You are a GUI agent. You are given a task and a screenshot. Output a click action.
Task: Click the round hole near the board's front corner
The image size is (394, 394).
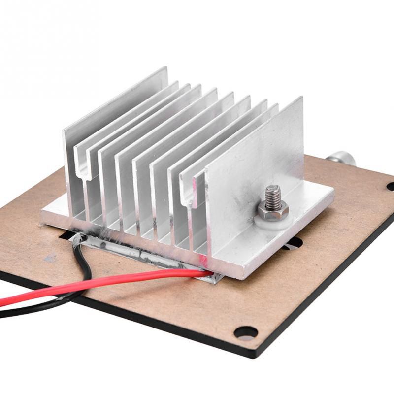point(245,332)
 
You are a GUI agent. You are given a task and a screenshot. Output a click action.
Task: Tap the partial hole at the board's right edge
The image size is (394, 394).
point(390,186)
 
